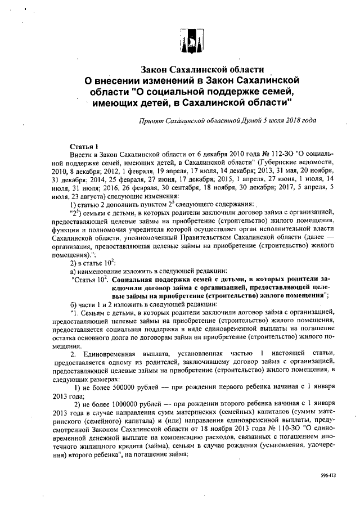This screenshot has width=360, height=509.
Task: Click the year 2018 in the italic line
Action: point(292,120)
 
